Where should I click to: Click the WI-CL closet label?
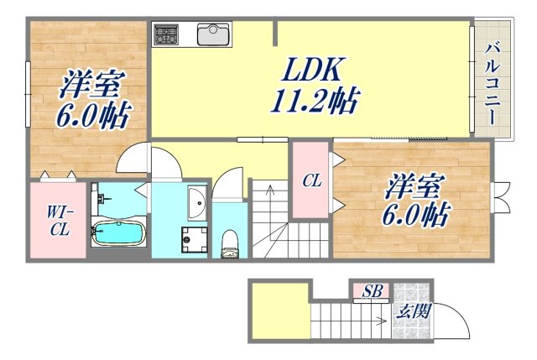57,220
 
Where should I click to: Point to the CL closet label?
311,180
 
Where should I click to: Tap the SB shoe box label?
373,291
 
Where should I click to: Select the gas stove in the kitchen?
165,34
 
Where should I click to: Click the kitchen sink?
213,34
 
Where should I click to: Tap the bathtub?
117,231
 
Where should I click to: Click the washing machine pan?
196,238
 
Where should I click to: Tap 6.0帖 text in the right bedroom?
415,215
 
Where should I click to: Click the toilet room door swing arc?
228,186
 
